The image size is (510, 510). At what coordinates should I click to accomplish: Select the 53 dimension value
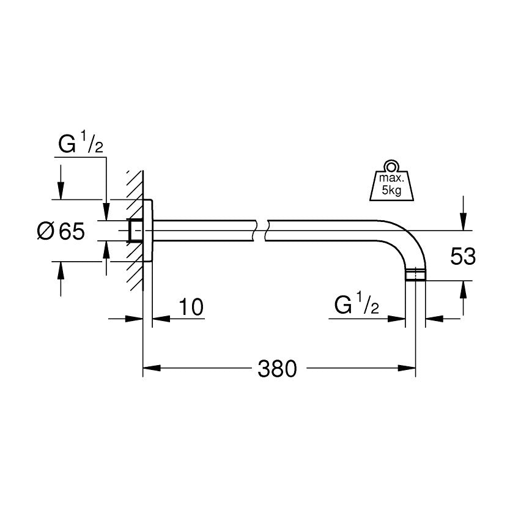pos(462,256)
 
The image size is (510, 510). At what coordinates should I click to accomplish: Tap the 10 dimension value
pos(191,306)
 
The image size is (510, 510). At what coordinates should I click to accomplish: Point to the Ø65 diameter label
pos(59,231)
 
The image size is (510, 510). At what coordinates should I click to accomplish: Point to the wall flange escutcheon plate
pos(149,231)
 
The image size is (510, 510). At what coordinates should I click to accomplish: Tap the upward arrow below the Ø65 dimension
pos(60,272)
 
